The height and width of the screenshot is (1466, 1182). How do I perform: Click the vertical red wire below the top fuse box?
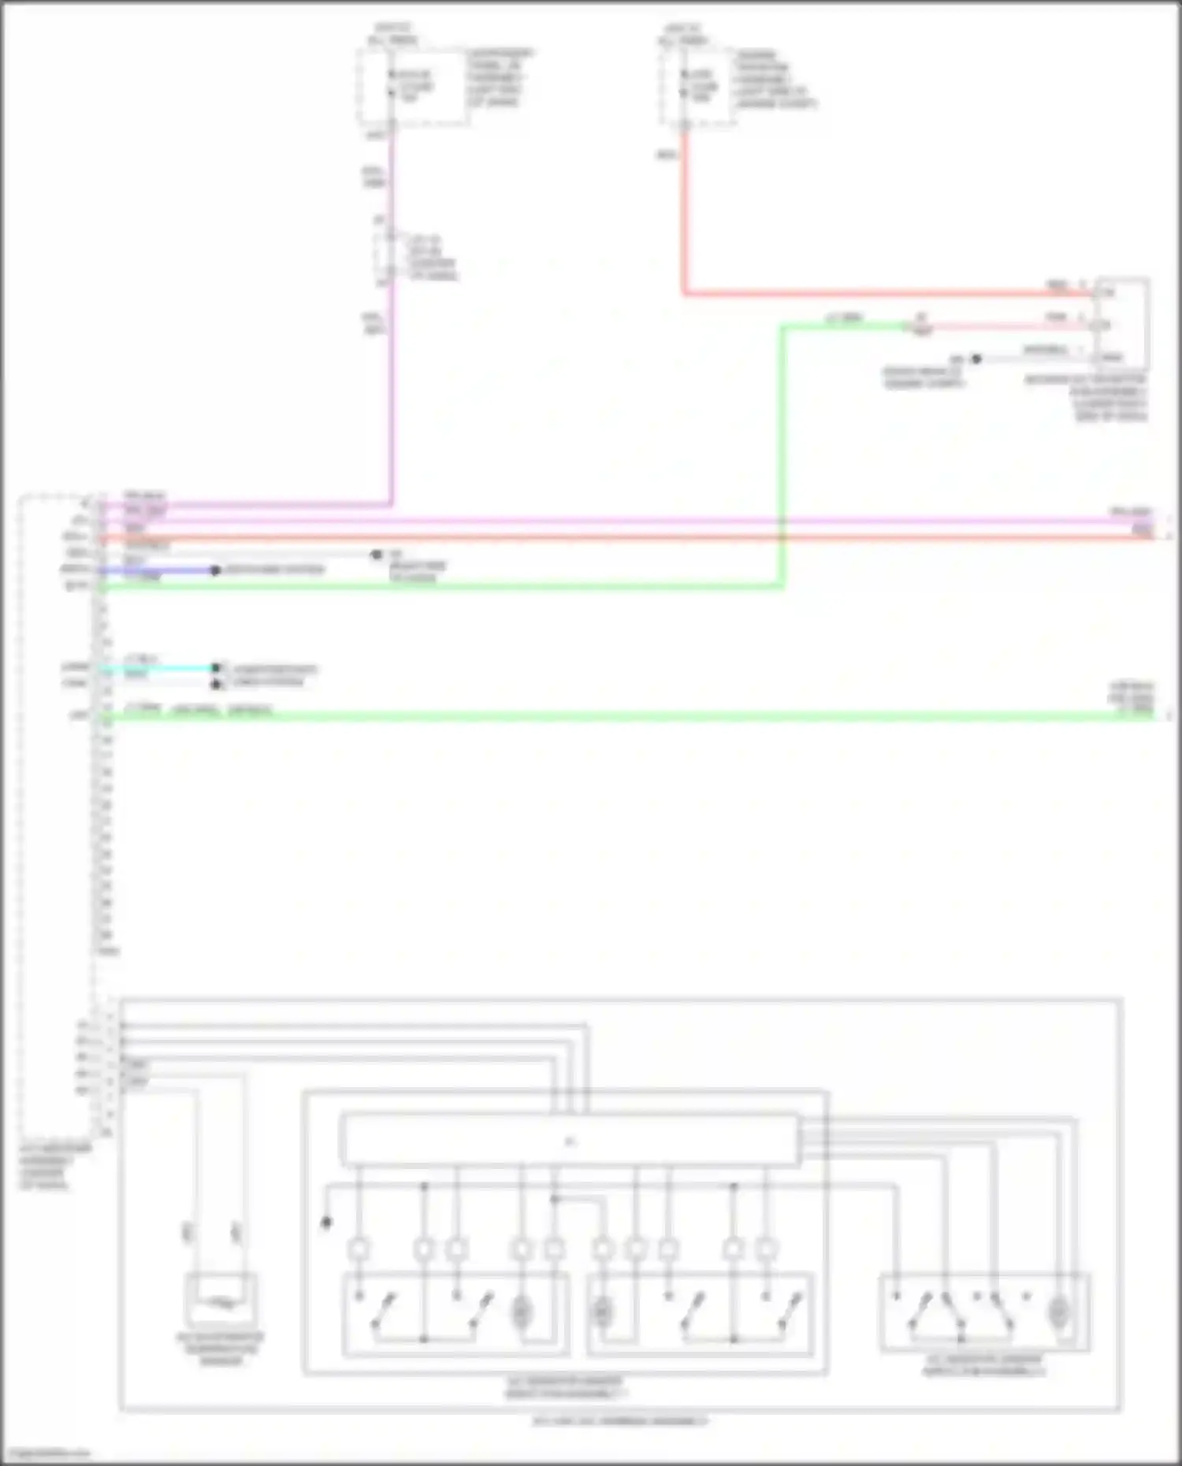tap(683, 213)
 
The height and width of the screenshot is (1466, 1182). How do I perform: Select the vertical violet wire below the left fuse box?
tap(391, 394)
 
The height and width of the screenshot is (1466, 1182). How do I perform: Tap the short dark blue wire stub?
tap(158, 570)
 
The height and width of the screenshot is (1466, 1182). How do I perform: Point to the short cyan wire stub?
tap(158, 668)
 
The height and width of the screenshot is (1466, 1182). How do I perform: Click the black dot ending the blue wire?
tap(215, 570)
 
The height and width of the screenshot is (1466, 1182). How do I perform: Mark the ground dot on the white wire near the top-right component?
tap(976, 359)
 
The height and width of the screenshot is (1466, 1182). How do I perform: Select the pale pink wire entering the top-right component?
tap(1009, 325)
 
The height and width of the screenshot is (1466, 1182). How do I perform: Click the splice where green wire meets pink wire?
tap(920, 325)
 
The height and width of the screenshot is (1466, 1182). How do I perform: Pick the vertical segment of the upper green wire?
tap(782, 457)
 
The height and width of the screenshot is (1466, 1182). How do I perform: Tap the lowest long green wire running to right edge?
tap(630, 716)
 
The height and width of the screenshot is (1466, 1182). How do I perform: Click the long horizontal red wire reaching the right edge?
tap(630, 537)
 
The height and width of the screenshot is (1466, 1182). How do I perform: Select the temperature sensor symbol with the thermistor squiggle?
tap(221, 1301)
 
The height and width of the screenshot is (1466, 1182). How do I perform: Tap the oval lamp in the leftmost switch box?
tap(521, 1312)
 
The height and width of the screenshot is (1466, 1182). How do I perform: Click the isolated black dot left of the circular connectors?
tap(326, 1223)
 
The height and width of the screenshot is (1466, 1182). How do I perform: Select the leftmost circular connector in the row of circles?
tap(359, 1249)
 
